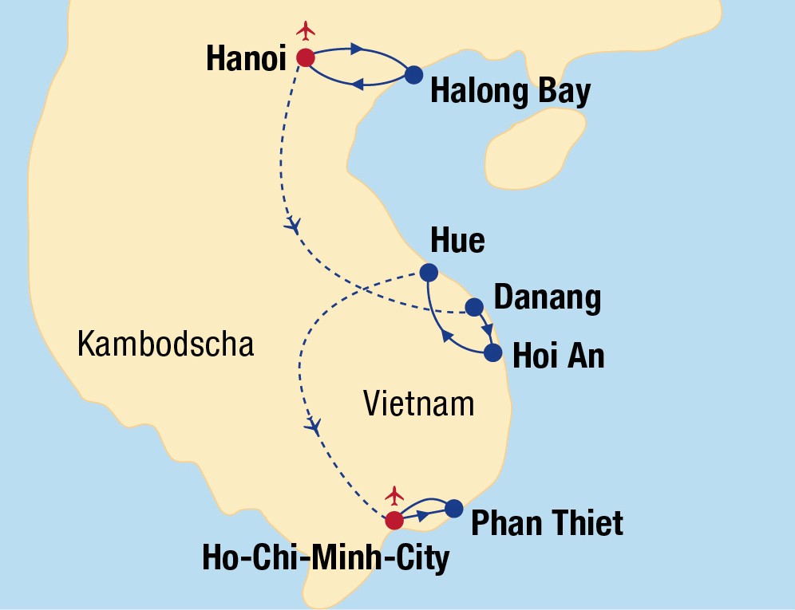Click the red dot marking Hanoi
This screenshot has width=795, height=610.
point(305,57)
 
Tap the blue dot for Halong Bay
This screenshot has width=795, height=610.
point(413,75)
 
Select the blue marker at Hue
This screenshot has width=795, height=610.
point(429,271)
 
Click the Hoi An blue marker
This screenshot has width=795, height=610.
point(493,352)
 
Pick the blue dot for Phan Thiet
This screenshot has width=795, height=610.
point(453,508)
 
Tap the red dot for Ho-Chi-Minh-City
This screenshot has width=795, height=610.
point(394,521)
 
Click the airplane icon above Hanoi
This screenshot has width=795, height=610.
point(306,30)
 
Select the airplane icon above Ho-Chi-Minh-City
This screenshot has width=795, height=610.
point(394,495)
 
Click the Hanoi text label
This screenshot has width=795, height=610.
point(246,58)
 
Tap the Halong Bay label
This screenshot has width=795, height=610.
point(510,92)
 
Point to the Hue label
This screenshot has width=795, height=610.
point(457,240)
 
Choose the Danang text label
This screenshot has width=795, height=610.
point(547,298)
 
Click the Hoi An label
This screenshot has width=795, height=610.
point(558,356)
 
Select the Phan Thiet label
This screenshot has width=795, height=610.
point(547,524)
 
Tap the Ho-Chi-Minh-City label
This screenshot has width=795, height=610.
point(326,559)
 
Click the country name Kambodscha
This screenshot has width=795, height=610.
point(165,344)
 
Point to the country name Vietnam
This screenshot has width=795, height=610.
point(418,403)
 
